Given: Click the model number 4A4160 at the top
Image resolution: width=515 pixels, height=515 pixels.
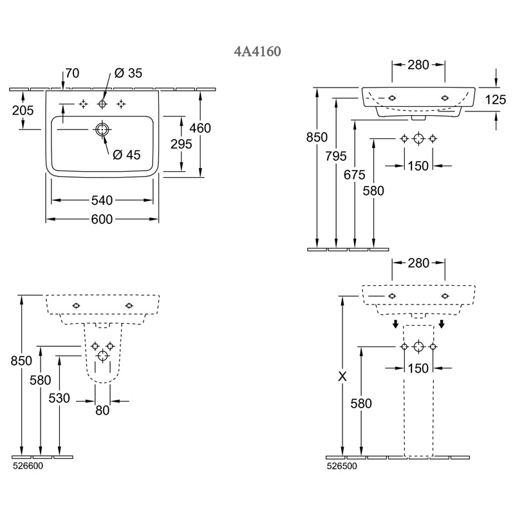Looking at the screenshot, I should [x=257, y=51].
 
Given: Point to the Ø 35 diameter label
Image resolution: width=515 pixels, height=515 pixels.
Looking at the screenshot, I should [x=128, y=73].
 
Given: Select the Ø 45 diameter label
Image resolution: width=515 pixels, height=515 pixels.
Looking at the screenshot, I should [x=126, y=154].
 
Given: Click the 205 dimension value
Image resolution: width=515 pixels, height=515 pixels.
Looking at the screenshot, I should [x=23, y=110].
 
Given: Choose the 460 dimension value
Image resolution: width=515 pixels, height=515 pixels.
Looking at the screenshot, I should [x=200, y=128].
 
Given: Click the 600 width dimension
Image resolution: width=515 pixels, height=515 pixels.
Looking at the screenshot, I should [x=102, y=220].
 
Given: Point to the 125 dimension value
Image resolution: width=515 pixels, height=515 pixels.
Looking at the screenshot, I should [x=495, y=99].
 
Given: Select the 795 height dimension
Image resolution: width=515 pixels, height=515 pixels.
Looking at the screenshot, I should [x=336, y=155].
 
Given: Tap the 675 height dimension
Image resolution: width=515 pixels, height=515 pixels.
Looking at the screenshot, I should [x=354, y=174].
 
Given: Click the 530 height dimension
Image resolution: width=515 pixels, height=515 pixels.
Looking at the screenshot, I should [x=59, y=398].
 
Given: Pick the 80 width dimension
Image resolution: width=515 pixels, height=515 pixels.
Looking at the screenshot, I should [x=102, y=410].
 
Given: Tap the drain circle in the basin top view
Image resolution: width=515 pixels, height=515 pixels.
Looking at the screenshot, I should [x=102, y=129].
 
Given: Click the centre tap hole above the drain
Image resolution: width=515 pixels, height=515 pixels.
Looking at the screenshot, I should [x=102, y=104].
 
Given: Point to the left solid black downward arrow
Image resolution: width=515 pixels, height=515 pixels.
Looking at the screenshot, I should [x=396, y=323].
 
